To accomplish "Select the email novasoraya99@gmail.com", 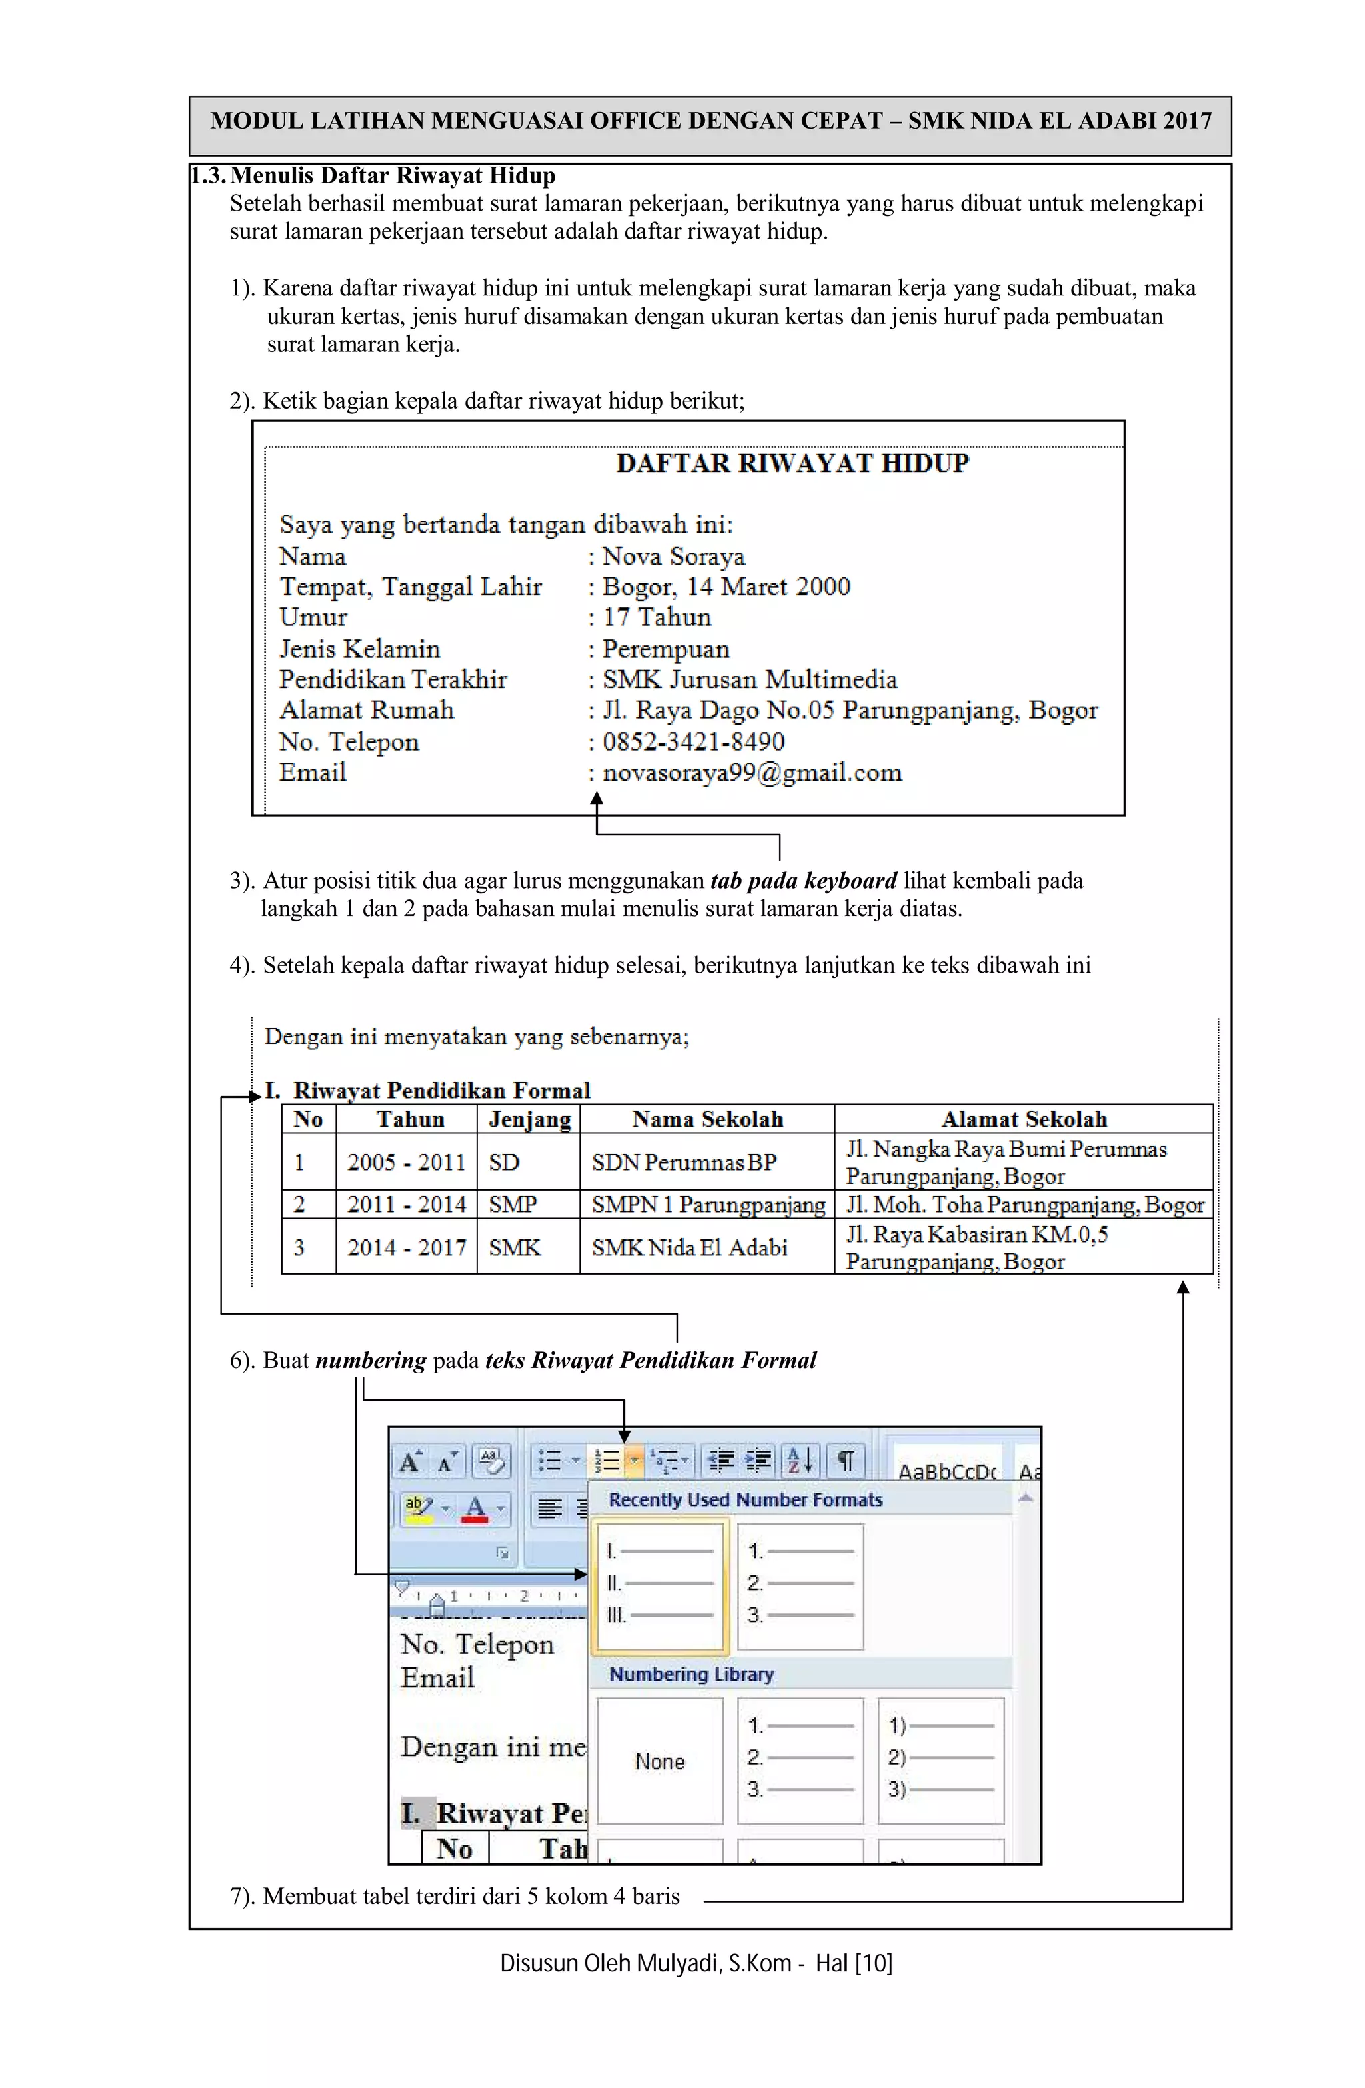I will click(x=752, y=773).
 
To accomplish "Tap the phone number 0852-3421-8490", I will click(x=693, y=742).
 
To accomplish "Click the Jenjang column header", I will click(x=529, y=1119).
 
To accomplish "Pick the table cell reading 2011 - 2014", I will click(x=406, y=1205).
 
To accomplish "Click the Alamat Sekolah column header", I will click(x=1024, y=1119).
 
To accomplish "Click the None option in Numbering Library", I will click(x=660, y=1761).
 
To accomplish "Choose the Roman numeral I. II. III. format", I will click(x=660, y=1583).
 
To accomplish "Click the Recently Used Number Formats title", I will click(x=744, y=1499).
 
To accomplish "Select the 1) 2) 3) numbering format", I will click(x=940, y=1757).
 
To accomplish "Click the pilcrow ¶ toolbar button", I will click(x=846, y=1461).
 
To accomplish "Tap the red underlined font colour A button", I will click(x=475, y=1509).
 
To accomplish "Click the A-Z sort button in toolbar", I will click(x=799, y=1461).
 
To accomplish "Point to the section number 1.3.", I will click(x=209, y=175).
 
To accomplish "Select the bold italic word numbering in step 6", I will click(x=370, y=1361).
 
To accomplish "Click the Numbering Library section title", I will click(x=691, y=1674).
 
